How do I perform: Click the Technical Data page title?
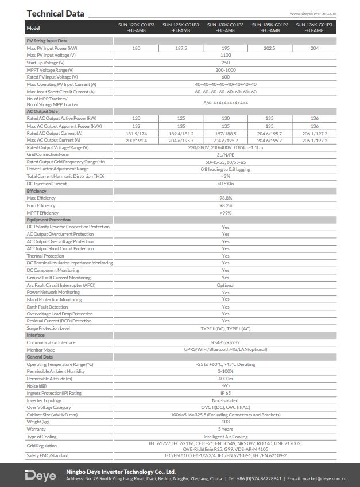tap(55, 13)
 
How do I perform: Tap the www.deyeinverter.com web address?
tap(313, 13)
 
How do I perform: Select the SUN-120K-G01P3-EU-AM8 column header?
tap(136, 28)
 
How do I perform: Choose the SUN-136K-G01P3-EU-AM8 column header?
tap(314, 28)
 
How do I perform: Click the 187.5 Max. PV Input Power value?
tap(181, 48)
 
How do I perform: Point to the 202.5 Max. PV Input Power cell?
tap(270, 48)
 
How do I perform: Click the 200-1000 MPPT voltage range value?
tap(226, 69)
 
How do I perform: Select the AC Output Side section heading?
tap(42, 111)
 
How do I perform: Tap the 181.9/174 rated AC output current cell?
tap(136, 133)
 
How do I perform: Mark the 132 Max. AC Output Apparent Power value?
tap(136, 126)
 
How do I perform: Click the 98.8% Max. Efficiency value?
tap(226, 198)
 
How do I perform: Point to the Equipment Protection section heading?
tap(49, 220)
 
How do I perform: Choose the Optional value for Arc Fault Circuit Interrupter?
tap(226, 285)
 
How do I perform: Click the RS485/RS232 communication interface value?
tap(226, 342)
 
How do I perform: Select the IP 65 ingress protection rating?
tap(226, 393)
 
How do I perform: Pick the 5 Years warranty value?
tap(226, 429)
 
